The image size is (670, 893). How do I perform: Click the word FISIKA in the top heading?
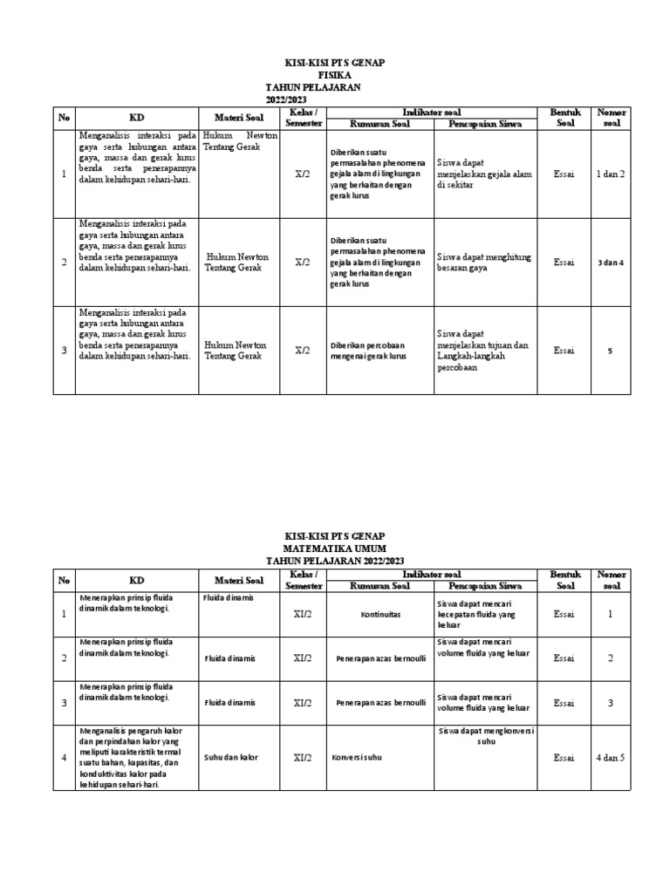click(335, 76)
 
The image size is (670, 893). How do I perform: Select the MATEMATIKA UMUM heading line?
click(335, 548)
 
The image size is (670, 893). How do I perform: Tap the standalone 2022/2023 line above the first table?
click(288, 100)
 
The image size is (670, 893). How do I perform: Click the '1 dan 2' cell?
click(611, 174)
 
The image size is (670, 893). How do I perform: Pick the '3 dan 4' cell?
click(611, 262)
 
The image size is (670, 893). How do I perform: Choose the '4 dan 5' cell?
click(611, 758)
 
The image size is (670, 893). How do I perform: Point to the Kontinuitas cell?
click(380, 614)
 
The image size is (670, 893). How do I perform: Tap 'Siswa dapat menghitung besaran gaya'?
click(484, 262)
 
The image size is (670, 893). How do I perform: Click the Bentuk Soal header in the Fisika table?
click(564, 118)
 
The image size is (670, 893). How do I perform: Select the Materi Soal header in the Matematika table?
click(239, 580)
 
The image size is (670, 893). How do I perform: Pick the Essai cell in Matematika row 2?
click(564, 658)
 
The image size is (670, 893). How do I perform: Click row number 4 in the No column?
click(63, 758)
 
